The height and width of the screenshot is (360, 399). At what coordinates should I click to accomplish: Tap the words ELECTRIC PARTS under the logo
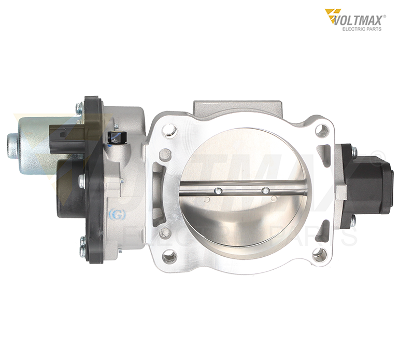pos(362,29)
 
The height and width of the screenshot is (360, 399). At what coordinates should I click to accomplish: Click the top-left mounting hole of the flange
pos(169,130)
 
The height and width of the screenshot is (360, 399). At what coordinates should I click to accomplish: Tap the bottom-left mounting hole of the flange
pos(169,256)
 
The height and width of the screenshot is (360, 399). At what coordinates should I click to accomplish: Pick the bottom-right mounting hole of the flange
pos(320,255)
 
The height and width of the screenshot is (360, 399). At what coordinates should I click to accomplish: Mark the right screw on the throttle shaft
pos(266,191)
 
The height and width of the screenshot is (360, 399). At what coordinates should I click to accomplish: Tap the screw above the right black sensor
pos(354,152)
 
